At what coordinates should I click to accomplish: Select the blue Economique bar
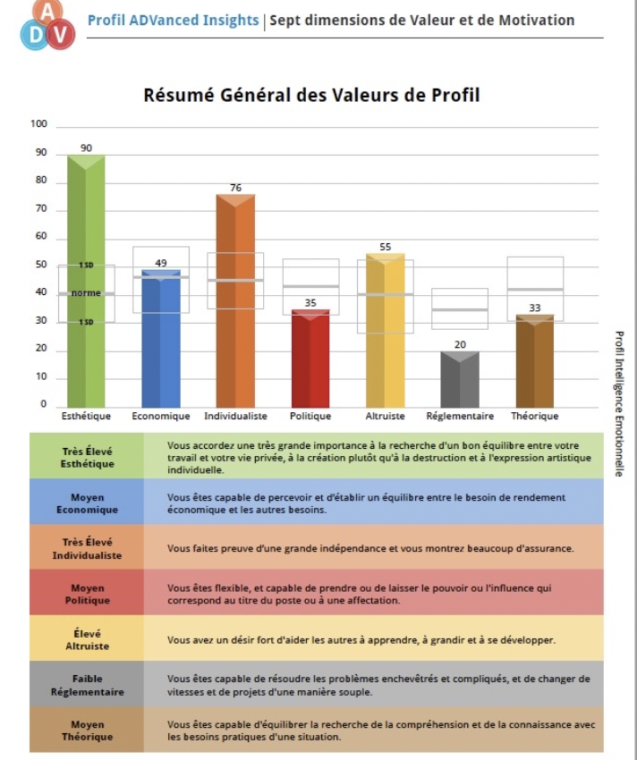[x=161, y=340]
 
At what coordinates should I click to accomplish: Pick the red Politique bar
[x=310, y=359]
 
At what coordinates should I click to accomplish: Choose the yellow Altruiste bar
[x=386, y=331]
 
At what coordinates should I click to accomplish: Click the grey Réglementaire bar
[x=460, y=380]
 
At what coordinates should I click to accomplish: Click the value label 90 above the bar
[x=87, y=148]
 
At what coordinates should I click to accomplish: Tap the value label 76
[x=235, y=187]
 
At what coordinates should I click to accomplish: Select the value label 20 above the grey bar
[x=460, y=344]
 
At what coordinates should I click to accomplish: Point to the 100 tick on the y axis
[x=38, y=124]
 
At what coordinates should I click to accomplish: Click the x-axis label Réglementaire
[x=460, y=416]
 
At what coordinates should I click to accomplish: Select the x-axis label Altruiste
[x=386, y=416]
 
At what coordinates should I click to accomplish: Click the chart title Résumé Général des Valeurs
[x=312, y=95]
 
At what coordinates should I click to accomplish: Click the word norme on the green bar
[x=87, y=293]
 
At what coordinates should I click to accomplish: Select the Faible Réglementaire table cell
[x=88, y=685]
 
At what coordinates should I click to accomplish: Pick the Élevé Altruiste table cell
[x=88, y=639]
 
